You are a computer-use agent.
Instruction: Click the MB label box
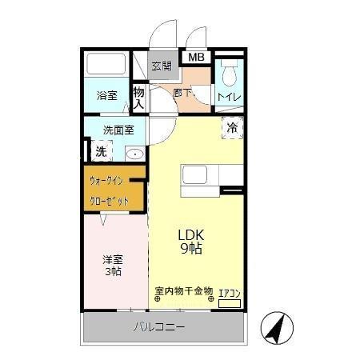click(x=195, y=58)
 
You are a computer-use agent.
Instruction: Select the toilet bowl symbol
click(x=229, y=77)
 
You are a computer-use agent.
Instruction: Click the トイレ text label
click(x=230, y=97)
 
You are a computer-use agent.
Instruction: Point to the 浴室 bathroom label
click(x=106, y=95)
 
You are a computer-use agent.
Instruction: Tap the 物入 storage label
click(x=138, y=98)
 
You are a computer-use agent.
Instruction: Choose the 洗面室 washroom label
click(x=118, y=130)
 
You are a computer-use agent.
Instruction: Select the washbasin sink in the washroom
click(x=134, y=154)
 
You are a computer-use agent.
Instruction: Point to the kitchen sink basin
click(x=194, y=175)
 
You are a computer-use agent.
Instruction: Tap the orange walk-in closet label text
click(x=109, y=190)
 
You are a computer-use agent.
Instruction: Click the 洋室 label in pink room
click(x=111, y=259)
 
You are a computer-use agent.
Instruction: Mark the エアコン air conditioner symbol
click(x=230, y=302)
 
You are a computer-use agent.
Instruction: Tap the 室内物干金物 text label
click(x=183, y=290)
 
